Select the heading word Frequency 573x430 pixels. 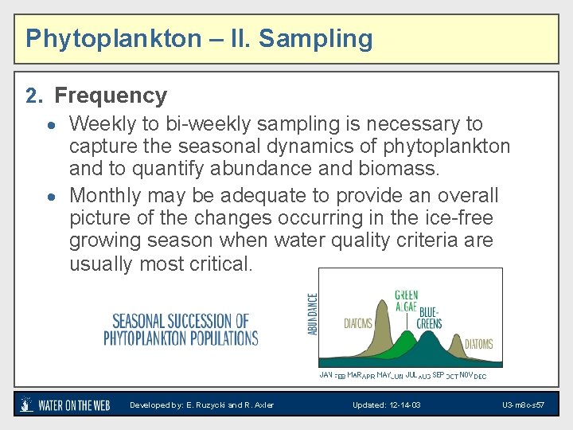tap(111, 96)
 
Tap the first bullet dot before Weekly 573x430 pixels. tap(49, 125)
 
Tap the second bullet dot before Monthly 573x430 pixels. tap(49, 196)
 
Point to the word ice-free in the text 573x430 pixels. tap(459, 217)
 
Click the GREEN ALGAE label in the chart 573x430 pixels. tap(406, 301)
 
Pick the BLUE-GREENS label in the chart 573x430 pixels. tap(428, 318)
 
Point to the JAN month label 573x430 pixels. tap(325, 374)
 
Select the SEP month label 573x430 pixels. tap(438, 374)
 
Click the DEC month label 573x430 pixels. tap(480, 376)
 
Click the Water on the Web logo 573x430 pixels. tap(65, 405)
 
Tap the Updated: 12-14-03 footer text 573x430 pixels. tap(387, 405)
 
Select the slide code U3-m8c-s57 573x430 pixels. tap(523, 405)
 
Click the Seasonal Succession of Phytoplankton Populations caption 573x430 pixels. tap(181, 330)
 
